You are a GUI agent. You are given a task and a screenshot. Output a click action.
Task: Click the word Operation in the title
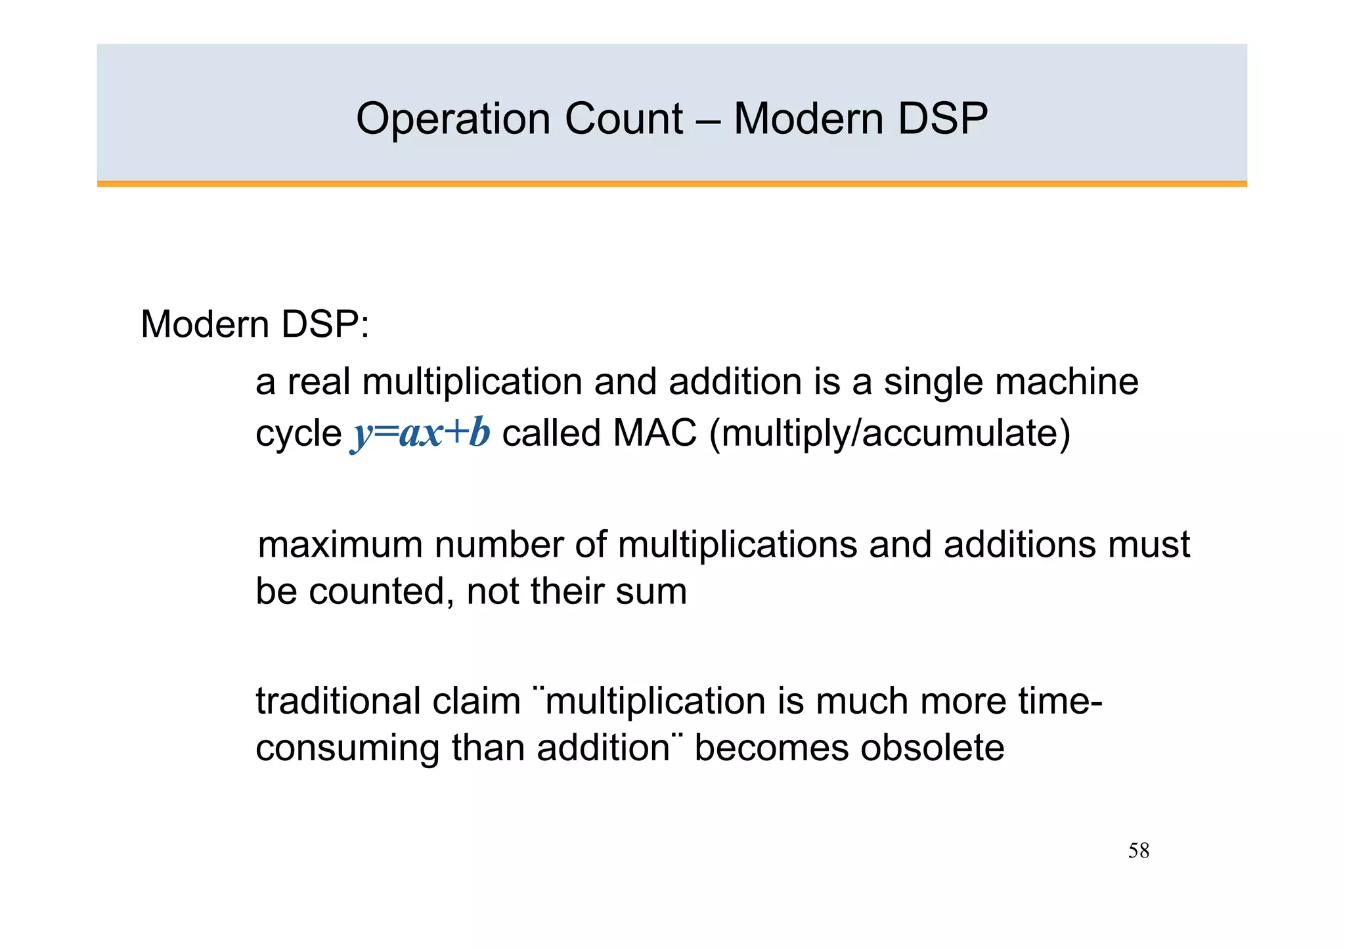pyautogui.click(x=453, y=119)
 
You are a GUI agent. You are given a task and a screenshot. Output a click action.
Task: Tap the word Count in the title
pyautogui.click(x=623, y=119)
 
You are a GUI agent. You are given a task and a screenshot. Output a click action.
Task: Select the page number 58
pyautogui.click(x=1138, y=851)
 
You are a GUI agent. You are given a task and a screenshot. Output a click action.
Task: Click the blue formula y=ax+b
pyautogui.click(x=421, y=434)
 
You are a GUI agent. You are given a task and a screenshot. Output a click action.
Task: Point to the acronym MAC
pyautogui.click(x=654, y=434)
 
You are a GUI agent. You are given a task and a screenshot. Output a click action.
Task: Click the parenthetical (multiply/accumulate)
pyautogui.click(x=890, y=434)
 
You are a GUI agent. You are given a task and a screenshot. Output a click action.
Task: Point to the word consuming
pyautogui.click(x=347, y=748)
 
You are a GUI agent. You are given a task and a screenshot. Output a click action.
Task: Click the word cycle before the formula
pyautogui.click(x=298, y=434)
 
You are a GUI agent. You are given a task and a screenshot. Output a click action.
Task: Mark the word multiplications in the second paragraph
pyautogui.click(x=737, y=545)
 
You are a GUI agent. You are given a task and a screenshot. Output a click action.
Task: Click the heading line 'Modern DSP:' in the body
pyautogui.click(x=255, y=325)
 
